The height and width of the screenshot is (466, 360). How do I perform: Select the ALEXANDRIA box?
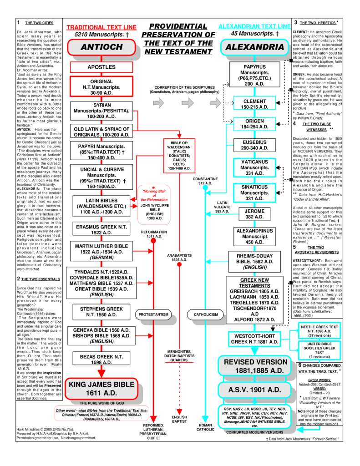click(254, 47)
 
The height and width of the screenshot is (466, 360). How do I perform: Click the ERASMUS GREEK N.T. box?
click(101, 229)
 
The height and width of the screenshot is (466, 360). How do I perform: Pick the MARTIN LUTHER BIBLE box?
click(101, 252)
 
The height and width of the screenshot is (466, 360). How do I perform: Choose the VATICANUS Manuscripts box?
click(254, 167)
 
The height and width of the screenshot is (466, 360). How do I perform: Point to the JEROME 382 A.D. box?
click(254, 214)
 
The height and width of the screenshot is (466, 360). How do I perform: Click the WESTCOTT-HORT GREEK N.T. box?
click(254, 339)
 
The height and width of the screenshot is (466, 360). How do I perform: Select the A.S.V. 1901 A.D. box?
click(254, 390)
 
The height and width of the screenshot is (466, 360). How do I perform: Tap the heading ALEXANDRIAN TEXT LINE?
click(254, 26)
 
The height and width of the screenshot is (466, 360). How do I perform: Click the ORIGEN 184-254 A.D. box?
click(254, 124)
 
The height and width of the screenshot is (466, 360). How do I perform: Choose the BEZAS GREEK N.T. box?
click(101, 359)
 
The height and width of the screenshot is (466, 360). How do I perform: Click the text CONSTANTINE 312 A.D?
click(205, 181)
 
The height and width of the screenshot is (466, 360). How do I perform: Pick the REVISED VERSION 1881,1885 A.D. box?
click(254, 366)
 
